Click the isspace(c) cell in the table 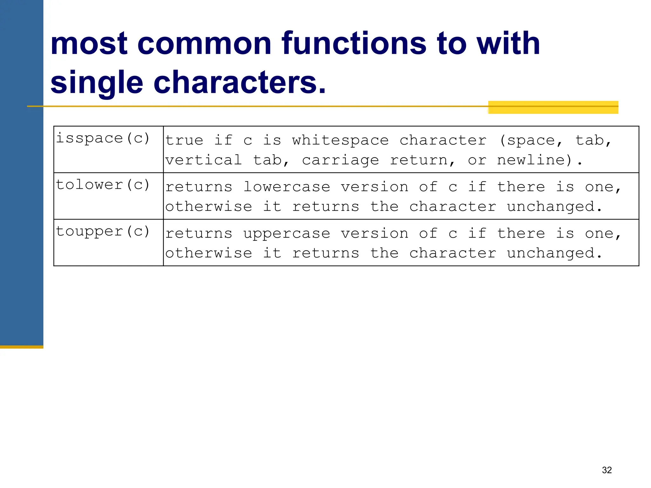point(103,139)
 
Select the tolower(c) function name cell point(103,185)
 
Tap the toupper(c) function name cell point(103,232)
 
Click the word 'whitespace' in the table point(340,140)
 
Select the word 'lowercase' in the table point(287,187)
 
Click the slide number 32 point(607,470)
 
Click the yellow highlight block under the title point(553,107)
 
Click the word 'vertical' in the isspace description point(204,160)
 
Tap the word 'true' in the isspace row point(184,140)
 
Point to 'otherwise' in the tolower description point(209,207)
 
